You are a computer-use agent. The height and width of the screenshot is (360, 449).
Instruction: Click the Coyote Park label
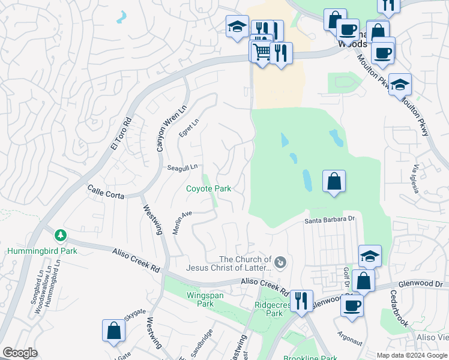point(208,188)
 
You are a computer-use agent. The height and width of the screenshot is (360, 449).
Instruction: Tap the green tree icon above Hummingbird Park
point(59,235)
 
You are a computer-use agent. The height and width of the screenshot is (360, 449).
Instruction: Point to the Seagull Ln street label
point(184,168)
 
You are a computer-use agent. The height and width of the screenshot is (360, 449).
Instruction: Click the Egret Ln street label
point(188,125)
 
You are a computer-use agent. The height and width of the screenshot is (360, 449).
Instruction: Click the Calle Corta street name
point(106,192)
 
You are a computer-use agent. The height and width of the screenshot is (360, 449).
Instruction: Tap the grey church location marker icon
point(280,262)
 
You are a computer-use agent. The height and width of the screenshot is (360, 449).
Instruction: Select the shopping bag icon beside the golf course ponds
point(334,181)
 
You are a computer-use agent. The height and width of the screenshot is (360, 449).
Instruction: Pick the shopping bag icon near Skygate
point(113,331)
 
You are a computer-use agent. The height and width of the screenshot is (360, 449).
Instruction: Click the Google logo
point(20,353)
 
